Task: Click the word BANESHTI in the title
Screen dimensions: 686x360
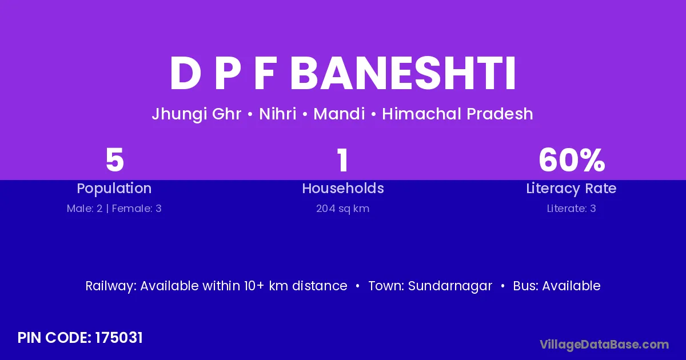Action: point(403,74)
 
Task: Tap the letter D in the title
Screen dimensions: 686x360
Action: point(185,74)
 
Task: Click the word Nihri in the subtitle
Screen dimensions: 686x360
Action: point(277,114)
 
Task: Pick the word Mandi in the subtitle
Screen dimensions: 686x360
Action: point(339,114)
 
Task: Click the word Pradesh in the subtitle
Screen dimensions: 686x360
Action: point(500,114)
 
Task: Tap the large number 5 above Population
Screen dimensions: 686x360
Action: point(114,160)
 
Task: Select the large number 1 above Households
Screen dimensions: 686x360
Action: point(342,160)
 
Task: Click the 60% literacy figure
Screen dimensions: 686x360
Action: point(572,160)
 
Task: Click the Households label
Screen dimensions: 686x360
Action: point(343,188)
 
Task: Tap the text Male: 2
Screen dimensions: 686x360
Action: point(85,209)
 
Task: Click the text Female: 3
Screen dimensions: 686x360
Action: point(137,209)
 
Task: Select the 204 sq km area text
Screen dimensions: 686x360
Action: point(342,209)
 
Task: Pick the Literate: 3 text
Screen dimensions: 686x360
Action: point(572,209)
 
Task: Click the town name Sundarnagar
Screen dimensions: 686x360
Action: point(450,286)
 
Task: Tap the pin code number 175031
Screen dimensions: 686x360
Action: point(119,338)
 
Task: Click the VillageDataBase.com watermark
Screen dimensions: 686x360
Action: point(604,345)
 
